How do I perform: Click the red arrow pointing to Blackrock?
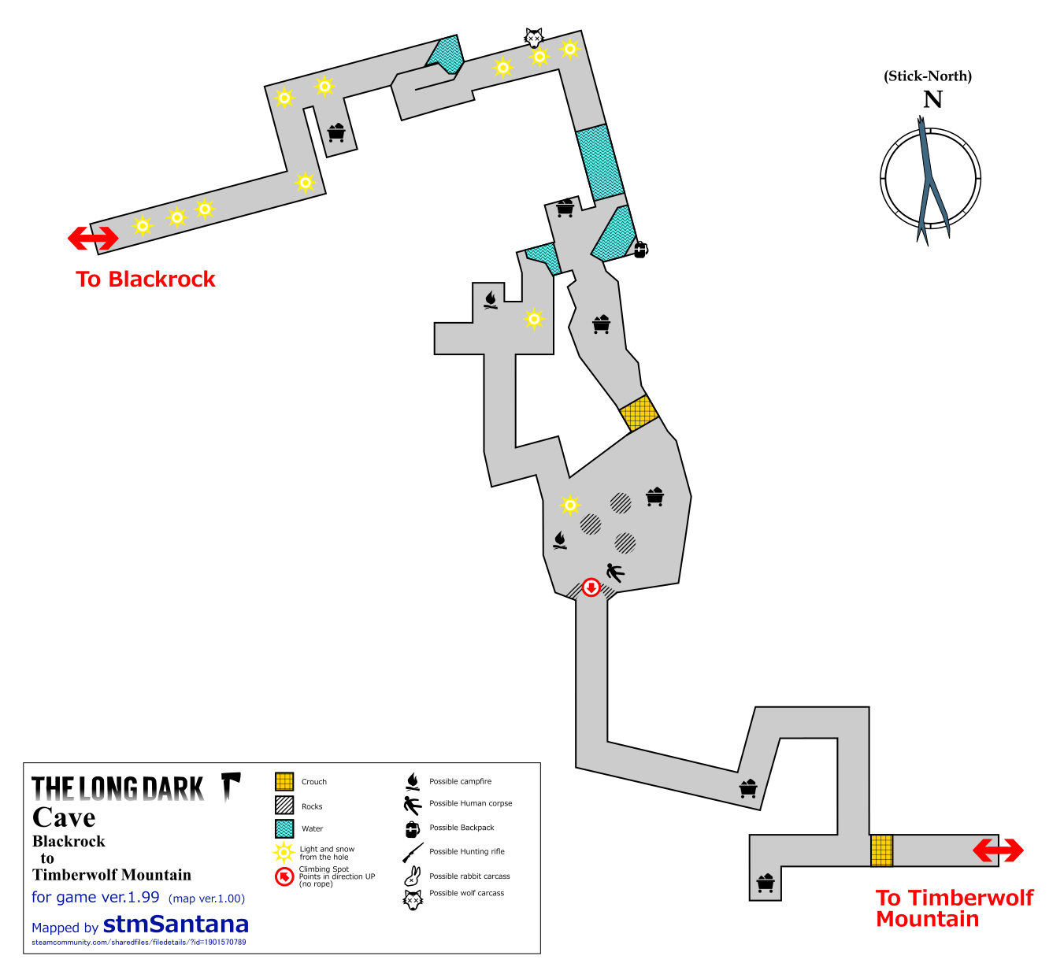click(x=93, y=238)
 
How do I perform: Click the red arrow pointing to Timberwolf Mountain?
click(x=998, y=850)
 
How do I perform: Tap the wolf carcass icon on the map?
click(x=534, y=37)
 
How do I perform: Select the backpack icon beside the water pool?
click(x=640, y=250)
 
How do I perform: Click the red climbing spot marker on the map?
click(x=591, y=587)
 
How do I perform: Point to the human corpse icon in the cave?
click(x=614, y=572)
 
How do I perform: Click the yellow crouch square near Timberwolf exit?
click(x=882, y=850)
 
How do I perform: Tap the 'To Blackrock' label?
click(x=146, y=280)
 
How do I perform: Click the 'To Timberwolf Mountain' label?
click(x=954, y=908)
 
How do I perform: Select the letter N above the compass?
click(x=932, y=100)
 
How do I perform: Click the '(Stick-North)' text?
click(x=928, y=76)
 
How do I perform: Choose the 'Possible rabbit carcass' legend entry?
click(x=469, y=876)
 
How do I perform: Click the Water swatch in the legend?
click(x=284, y=828)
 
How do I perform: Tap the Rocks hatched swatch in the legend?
click(x=284, y=805)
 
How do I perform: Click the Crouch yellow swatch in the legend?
click(x=284, y=781)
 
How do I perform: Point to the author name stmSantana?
click(x=176, y=924)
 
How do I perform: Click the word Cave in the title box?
click(x=64, y=817)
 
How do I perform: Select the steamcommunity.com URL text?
click(x=139, y=943)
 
